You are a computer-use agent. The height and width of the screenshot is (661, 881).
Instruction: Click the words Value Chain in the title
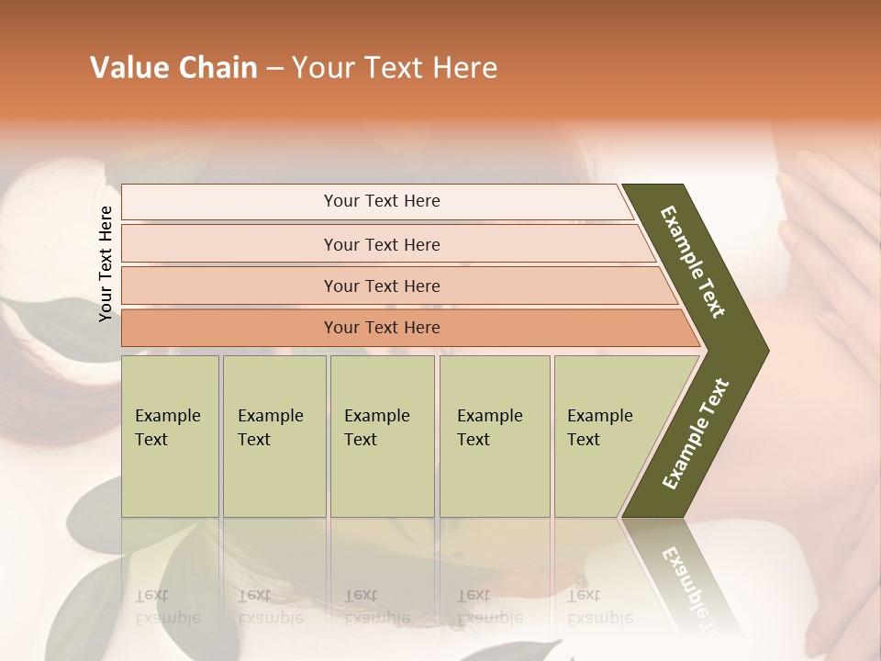pyautogui.click(x=173, y=68)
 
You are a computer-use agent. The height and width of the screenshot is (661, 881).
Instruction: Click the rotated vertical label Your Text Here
pyautogui.click(x=106, y=263)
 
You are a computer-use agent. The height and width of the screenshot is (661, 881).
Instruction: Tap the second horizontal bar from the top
pyautogui.click(x=381, y=244)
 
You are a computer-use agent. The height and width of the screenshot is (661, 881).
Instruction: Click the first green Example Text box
pyautogui.click(x=170, y=436)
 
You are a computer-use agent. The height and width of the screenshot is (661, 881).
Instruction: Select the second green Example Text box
pyautogui.click(x=273, y=436)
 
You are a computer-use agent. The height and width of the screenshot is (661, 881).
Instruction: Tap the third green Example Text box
pyautogui.click(x=382, y=436)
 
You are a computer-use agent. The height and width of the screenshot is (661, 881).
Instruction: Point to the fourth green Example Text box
pyautogui.click(x=494, y=436)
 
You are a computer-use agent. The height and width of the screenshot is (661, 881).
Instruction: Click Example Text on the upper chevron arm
pyautogui.click(x=693, y=262)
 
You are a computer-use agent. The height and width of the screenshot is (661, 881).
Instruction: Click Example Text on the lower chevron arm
pyautogui.click(x=696, y=433)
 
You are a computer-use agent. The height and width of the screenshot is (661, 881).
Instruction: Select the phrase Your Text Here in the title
pyautogui.click(x=394, y=68)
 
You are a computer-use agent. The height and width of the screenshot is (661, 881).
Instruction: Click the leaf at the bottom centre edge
pyautogui.click(x=509, y=650)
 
